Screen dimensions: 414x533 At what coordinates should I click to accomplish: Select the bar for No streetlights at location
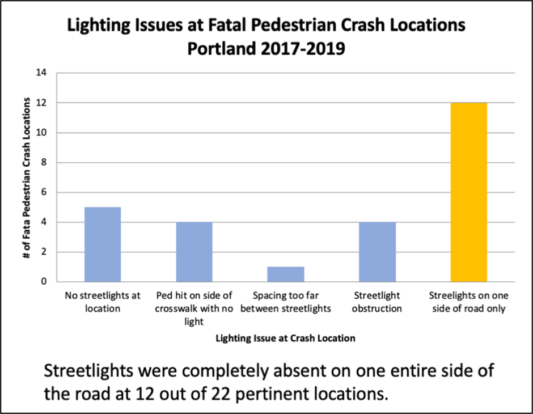click(103, 244)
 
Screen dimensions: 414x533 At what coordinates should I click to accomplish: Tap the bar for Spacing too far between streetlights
click(286, 274)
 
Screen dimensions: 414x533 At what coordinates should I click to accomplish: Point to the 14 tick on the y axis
click(43, 73)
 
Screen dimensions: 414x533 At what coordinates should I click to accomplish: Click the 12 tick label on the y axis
click(43, 103)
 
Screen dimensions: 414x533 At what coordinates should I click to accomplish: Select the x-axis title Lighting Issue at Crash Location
click(286, 338)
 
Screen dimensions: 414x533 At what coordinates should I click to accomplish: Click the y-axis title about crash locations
click(27, 178)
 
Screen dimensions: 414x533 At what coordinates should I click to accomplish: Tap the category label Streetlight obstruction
click(378, 302)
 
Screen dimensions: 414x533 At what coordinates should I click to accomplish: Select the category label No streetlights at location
click(103, 302)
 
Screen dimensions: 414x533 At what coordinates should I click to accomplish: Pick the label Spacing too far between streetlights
click(286, 302)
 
